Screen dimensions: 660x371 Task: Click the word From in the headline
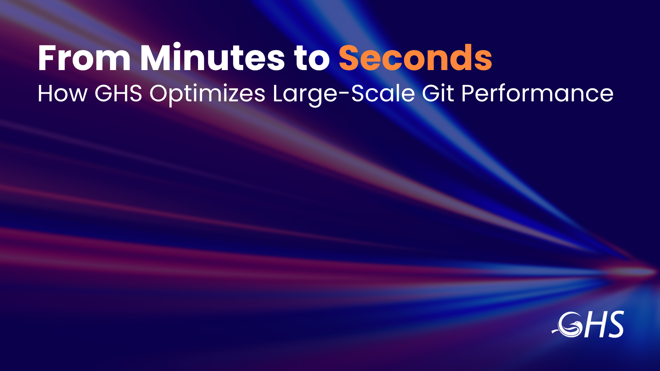[84, 58]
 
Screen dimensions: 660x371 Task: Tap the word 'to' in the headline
[312, 59]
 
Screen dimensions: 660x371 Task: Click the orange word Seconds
[416, 57]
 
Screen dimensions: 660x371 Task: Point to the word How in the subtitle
[63, 93]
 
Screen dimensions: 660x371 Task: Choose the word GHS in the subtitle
[118, 93]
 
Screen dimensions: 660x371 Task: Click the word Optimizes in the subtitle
[207, 94]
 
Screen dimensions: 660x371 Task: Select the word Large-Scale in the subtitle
[344, 94]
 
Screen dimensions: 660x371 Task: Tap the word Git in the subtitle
[438, 93]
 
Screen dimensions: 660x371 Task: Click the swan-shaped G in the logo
[569, 325]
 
